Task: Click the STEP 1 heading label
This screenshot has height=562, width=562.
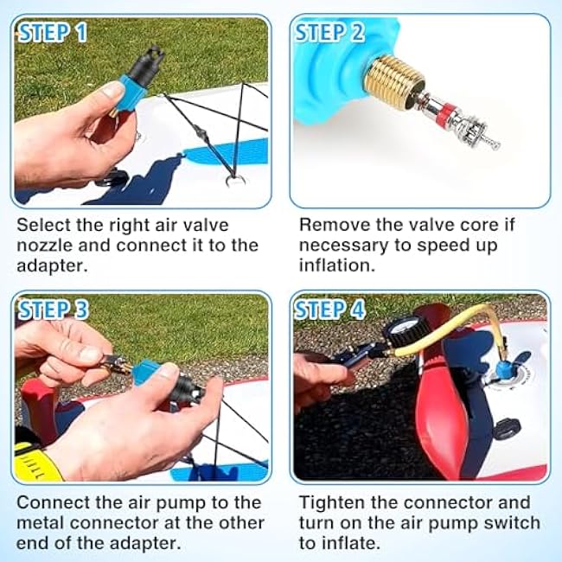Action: (x=53, y=33)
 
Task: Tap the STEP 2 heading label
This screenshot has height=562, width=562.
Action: (x=329, y=33)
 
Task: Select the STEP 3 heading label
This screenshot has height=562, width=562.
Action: (x=53, y=310)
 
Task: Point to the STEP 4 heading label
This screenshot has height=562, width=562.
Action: (x=329, y=310)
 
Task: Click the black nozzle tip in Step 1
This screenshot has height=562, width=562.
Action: (x=148, y=64)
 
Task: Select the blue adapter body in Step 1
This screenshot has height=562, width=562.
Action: (x=131, y=93)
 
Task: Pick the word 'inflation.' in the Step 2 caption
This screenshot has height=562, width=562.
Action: (x=336, y=266)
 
